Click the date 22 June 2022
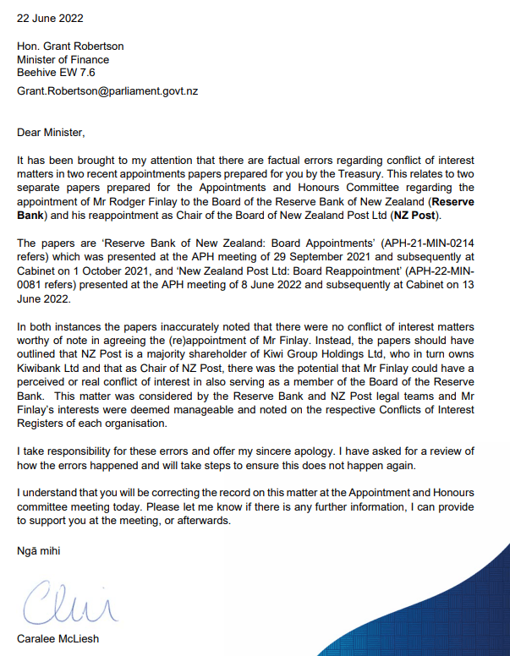tap(50, 17)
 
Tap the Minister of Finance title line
tap(63, 60)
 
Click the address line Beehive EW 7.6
tap(56, 73)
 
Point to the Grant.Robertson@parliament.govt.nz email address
tap(107, 90)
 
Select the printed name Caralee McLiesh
tap(58, 638)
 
